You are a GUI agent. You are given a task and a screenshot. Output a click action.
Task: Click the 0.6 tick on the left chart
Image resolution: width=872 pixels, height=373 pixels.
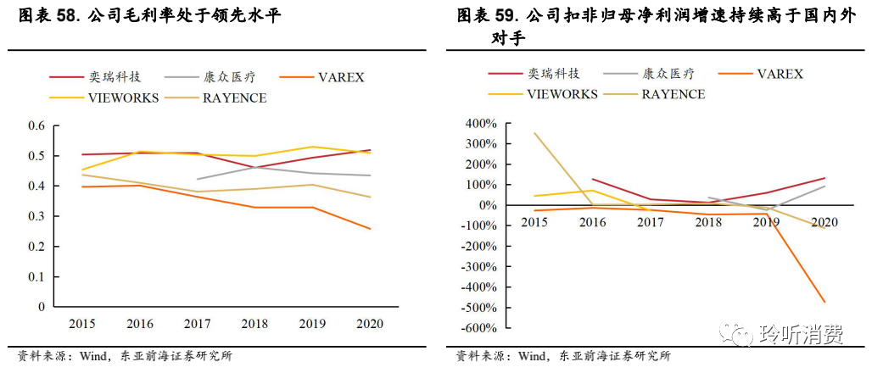(x=36, y=126)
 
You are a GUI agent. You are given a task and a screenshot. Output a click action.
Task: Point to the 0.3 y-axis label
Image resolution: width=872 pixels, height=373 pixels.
(x=36, y=216)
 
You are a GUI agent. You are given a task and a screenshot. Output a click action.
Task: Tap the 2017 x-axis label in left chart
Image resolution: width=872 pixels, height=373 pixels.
(x=197, y=324)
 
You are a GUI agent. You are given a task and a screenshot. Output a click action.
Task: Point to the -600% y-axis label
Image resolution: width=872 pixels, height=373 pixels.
(x=481, y=328)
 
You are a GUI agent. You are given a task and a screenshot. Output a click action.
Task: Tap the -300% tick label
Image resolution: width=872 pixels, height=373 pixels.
(x=481, y=266)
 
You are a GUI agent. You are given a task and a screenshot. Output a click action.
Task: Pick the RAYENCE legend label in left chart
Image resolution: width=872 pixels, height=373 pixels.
(x=234, y=98)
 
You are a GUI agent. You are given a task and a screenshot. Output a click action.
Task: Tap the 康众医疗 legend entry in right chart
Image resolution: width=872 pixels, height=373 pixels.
(x=669, y=74)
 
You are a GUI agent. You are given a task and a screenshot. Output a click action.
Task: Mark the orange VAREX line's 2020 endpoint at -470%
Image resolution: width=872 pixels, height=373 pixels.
(x=823, y=302)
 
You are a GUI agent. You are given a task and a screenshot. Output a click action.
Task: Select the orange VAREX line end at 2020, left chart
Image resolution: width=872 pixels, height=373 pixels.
(x=370, y=228)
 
